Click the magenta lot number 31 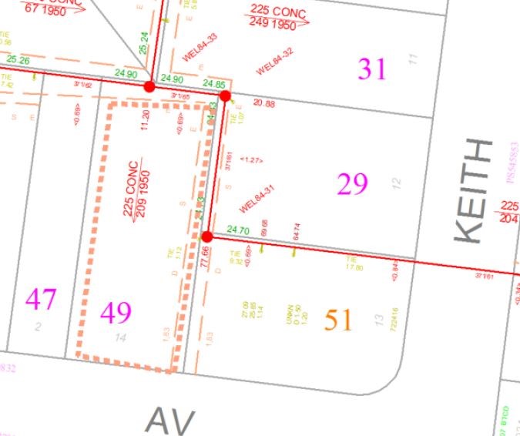(x=372, y=69)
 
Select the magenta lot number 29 (x=353, y=184)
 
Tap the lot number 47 (x=41, y=299)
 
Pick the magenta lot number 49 (x=116, y=312)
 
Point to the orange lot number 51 (x=338, y=319)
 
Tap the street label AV (x=169, y=421)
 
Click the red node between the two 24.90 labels (x=149, y=87)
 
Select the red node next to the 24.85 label (x=225, y=96)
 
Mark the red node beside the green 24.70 (x=206, y=236)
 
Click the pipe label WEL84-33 (x=200, y=47)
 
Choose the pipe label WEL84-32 (x=275, y=61)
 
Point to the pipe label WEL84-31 (x=257, y=200)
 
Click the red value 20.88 (x=263, y=103)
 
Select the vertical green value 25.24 (x=143, y=42)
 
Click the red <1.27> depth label (x=252, y=159)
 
